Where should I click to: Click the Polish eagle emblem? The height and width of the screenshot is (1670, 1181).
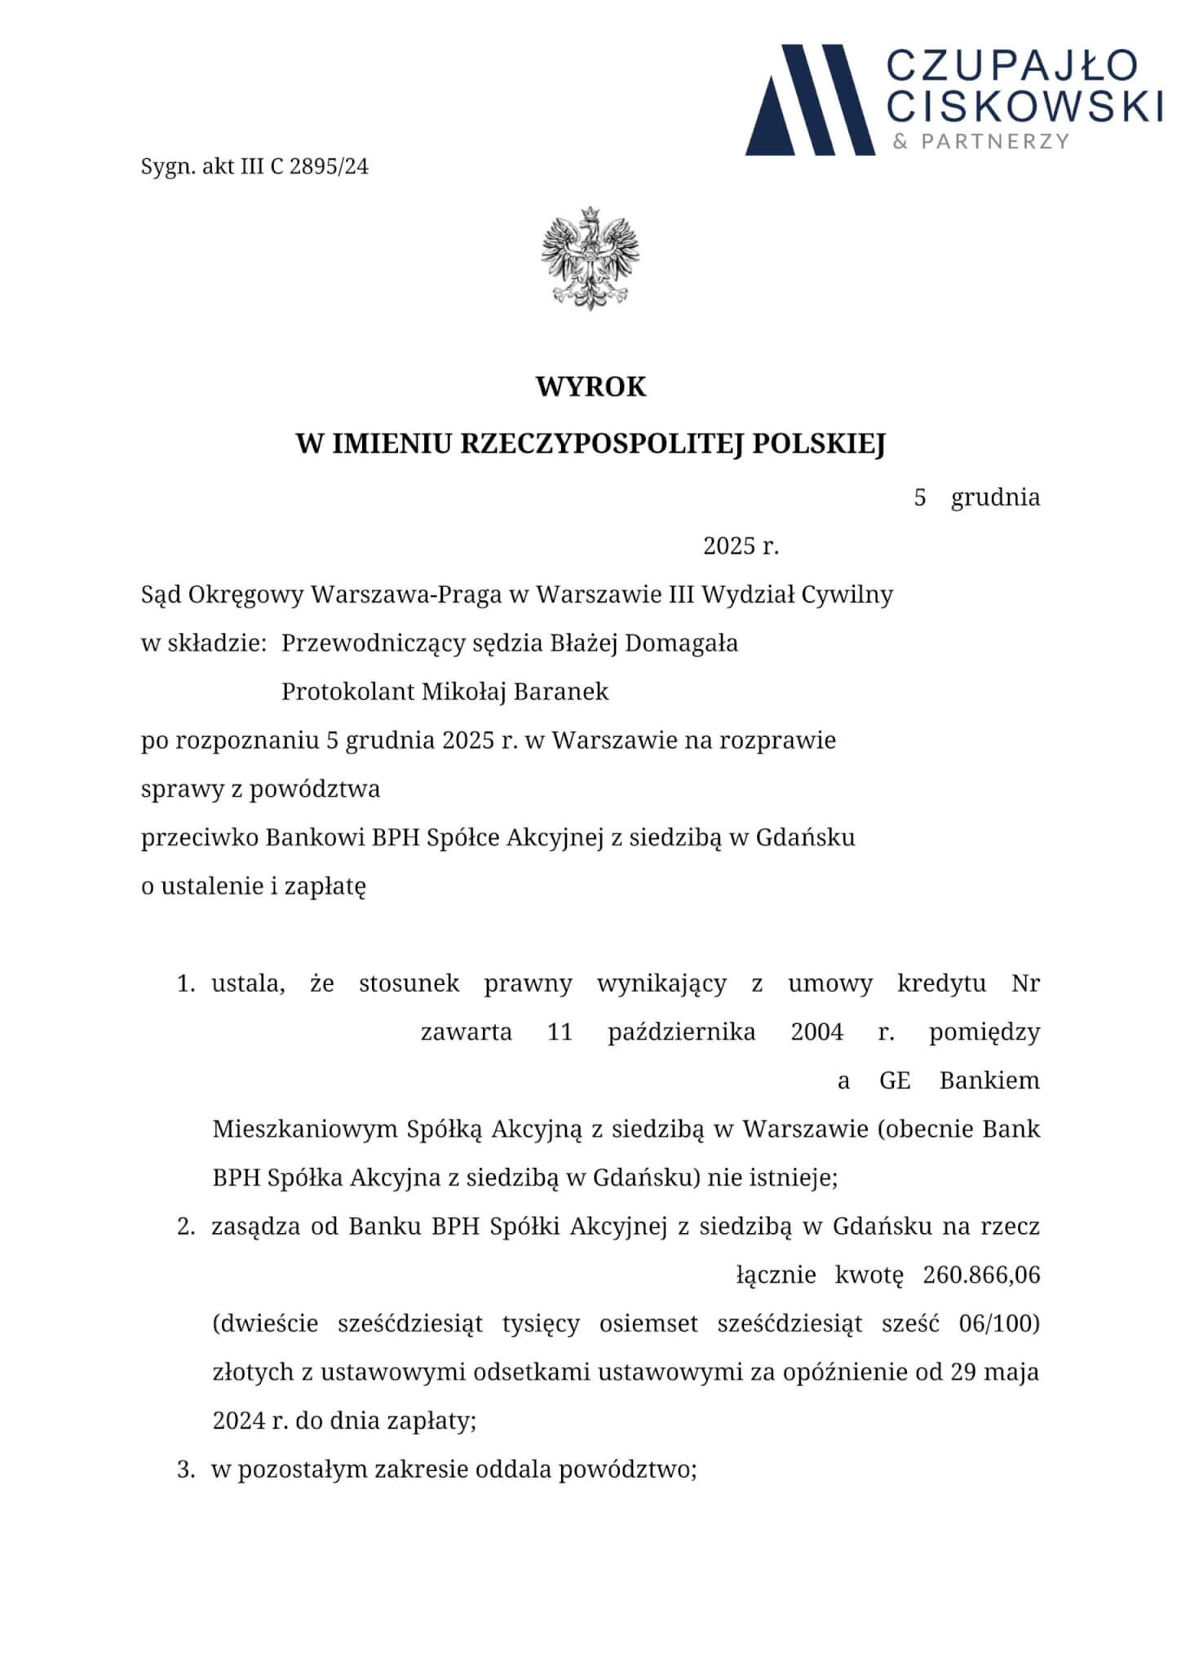pyautogui.click(x=590, y=258)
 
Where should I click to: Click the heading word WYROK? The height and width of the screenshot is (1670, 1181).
pyautogui.click(x=590, y=387)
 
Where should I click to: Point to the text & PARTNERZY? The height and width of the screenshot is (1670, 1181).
pyautogui.click(x=980, y=142)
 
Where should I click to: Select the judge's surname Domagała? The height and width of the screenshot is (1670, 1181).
pyautogui.click(x=682, y=643)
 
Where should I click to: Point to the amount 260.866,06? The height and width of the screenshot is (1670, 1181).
pyautogui.click(x=981, y=1275)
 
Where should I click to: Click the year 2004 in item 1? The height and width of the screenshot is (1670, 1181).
pyautogui.click(x=816, y=1032)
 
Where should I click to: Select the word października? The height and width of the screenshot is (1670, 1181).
pyautogui.click(x=681, y=1032)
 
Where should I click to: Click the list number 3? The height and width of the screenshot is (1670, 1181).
pyautogui.click(x=186, y=1470)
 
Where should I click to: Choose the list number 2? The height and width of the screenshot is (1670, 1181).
pyautogui.click(x=186, y=1227)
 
